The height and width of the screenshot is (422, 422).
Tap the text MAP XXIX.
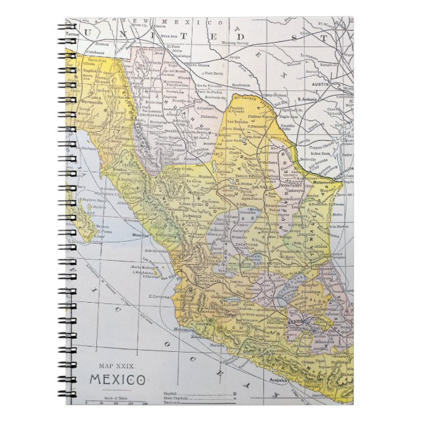tap(115, 366)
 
